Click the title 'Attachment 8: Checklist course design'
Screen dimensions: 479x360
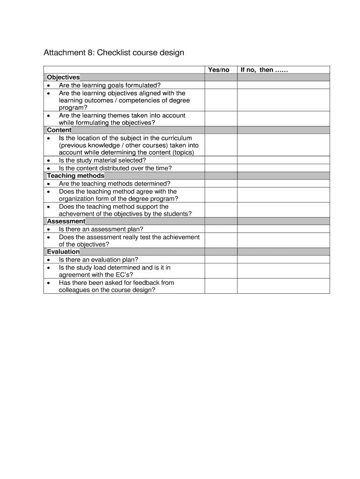pyautogui.click(x=114, y=52)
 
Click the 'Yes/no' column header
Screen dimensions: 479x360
pyautogui.click(x=219, y=70)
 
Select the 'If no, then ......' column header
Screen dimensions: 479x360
pyautogui.click(x=264, y=70)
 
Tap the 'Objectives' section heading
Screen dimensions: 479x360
pyautogui.click(x=63, y=77)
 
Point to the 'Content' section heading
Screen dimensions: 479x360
pyautogui.click(x=59, y=130)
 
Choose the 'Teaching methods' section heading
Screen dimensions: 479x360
pyautogui.click(x=75, y=176)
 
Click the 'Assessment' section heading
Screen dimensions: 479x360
pyautogui.click(x=66, y=221)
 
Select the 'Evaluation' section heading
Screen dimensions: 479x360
pyautogui.click(x=63, y=252)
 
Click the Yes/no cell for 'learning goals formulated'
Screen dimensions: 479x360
pyautogui.click(x=221, y=85)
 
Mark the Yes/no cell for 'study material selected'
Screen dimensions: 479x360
pyautogui.click(x=221, y=160)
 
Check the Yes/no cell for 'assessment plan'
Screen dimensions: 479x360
pyautogui.click(x=221, y=229)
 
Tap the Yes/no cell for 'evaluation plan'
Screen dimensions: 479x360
pyautogui.click(x=221, y=260)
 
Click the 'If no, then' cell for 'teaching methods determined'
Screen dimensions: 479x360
pyautogui.click(x=283, y=184)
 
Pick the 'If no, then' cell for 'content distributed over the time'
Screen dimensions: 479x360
pyautogui.click(x=283, y=168)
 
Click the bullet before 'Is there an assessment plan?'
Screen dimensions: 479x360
pyautogui.click(x=49, y=230)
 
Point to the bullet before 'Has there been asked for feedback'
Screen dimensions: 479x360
pyautogui.click(x=49, y=283)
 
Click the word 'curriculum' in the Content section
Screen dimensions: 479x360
pyautogui.click(x=175, y=138)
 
